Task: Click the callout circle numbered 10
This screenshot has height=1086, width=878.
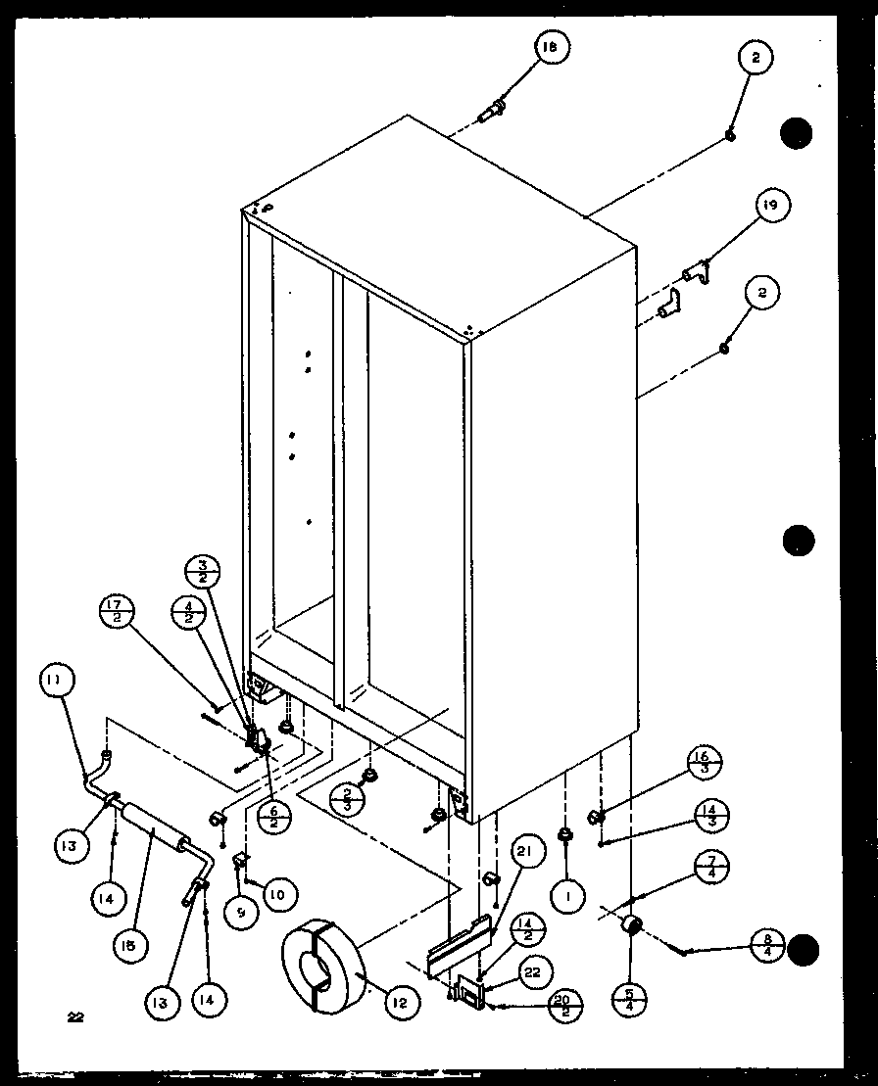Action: (x=278, y=893)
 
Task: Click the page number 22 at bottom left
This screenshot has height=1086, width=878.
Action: (x=75, y=1016)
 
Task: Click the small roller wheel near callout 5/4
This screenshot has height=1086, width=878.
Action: (x=632, y=925)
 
